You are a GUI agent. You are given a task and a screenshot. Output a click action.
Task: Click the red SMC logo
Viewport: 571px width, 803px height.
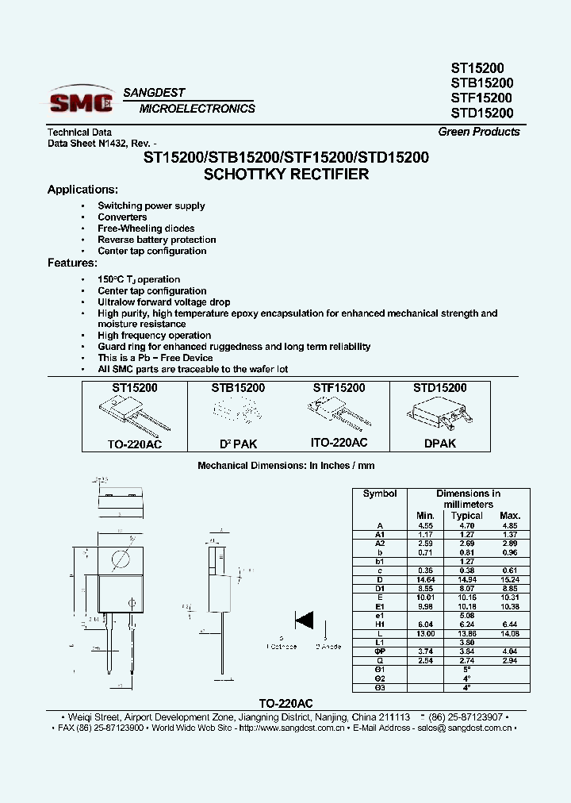[x=82, y=102]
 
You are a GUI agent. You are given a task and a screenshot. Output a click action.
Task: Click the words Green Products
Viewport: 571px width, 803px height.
[x=479, y=132]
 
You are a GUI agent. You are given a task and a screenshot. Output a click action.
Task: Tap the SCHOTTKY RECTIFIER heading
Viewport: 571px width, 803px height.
[x=286, y=175]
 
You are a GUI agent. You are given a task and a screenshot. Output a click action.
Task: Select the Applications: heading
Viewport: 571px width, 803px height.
[x=82, y=190]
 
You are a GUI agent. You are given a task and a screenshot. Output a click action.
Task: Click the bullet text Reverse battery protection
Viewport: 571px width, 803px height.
[x=157, y=240]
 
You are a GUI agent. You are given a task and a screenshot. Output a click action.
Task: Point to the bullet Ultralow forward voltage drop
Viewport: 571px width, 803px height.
[x=164, y=302]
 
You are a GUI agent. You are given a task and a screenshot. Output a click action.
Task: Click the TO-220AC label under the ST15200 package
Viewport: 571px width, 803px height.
[x=134, y=444]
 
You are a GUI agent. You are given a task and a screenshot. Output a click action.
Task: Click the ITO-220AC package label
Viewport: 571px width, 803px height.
[x=339, y=443]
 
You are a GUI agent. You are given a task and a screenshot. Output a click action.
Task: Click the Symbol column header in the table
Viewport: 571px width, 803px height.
[x=379, y=494]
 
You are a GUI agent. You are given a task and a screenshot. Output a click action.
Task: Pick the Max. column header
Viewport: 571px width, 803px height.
[x=510, y=516]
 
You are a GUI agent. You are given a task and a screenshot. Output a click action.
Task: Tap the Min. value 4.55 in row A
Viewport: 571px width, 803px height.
[x=426, y=525]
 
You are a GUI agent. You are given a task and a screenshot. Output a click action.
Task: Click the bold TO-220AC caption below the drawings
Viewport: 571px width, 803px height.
[x=286, y=703]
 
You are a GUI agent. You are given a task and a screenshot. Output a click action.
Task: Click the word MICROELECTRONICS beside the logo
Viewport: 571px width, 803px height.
[x=197, y=109]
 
